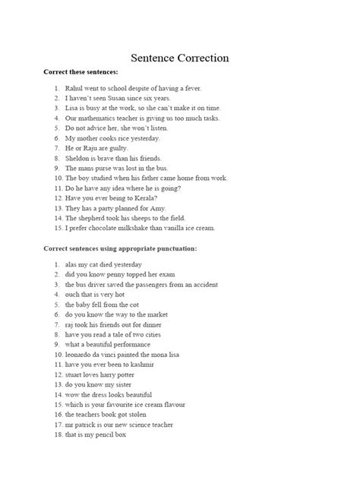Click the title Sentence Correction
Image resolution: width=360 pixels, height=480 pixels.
tap(179, 58)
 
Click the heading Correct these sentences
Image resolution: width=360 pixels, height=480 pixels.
tap(81, 72)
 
